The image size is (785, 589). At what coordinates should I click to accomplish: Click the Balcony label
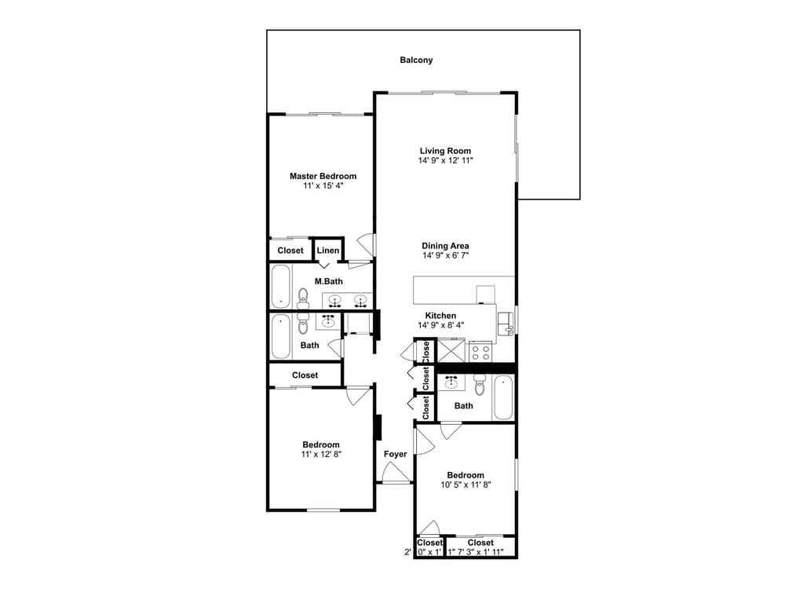tap(416, 60)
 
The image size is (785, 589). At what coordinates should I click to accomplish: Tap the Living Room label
tap(445, 151)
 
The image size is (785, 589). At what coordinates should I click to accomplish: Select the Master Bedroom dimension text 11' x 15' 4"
tap(323, 186)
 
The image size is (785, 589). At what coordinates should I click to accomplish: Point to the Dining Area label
tap(445, 246)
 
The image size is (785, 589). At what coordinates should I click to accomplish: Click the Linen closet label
tap(328, 250)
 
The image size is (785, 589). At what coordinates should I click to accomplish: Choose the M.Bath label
tap(328, 281)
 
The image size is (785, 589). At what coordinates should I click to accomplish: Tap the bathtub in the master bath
tap(281, 287)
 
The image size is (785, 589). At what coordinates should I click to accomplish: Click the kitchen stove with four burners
tap(480, 350)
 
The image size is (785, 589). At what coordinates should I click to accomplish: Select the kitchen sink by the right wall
tap(505, 324)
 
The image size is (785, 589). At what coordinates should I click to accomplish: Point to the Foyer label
tap(395, 454)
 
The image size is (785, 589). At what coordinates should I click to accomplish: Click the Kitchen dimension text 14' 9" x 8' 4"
tap(440, 325)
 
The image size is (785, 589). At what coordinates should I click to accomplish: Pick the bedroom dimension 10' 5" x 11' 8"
tap(466, 485)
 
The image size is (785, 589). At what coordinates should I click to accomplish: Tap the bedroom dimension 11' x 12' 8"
tap(321, 454)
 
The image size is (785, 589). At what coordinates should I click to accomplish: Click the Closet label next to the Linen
tap(290, 251)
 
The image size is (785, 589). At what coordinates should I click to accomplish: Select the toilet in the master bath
tap(303, 299)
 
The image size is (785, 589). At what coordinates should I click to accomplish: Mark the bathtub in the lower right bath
tap(502, 398)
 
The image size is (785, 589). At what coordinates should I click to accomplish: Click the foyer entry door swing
tap(396, 472)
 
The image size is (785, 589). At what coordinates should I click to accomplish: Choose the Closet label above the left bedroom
tap(305, 375)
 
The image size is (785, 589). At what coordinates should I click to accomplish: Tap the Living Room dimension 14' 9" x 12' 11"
tap(446, 161)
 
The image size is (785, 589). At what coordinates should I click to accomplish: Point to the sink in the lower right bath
tap(452, 382)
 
